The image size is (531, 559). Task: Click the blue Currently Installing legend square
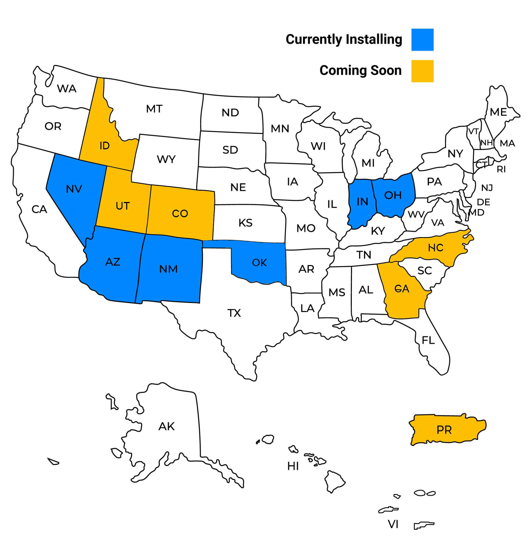pos(422,40)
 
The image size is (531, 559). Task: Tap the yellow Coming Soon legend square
pos(422,71)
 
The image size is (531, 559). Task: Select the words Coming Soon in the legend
pos(360,70)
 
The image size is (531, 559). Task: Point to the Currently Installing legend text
pos(344,39)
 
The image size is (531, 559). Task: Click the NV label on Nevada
pos(74,189)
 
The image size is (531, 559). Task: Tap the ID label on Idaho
pos(104,146)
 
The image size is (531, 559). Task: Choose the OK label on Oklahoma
pos(259,263)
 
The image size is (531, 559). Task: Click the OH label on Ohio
pos(393,195)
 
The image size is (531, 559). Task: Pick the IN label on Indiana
pos(362,201)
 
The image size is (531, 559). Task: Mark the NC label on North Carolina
pos(436,248)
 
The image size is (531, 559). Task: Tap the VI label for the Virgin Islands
pos(393,524)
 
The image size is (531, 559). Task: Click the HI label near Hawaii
pos(293,466)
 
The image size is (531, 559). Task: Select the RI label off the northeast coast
pos(501,169)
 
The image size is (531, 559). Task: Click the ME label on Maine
pos(498,112)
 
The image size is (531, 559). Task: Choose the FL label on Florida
pos(428,340)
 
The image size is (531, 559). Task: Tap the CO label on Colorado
pos(180,213)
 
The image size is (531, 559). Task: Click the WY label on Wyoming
pos(166,159)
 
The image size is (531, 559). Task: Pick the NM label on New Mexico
pos(169,269)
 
